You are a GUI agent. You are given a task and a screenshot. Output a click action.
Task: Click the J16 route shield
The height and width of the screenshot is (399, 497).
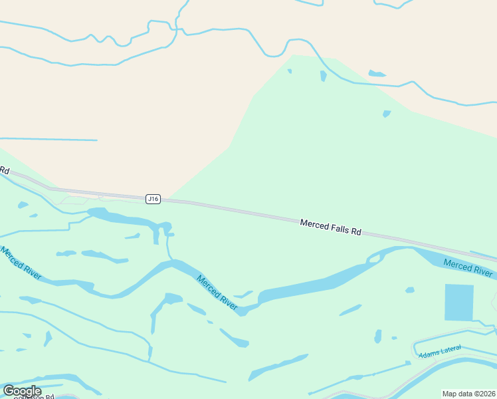(153, 199)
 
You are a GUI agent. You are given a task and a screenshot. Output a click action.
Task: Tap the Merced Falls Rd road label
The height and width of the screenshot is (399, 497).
(330, 227)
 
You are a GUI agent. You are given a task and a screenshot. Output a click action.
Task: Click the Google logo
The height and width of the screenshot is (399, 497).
(22, 391)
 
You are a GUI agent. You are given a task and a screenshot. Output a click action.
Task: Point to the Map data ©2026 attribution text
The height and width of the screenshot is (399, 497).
(469, 394)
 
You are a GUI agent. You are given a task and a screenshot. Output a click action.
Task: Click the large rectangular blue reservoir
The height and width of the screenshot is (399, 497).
(458, 302)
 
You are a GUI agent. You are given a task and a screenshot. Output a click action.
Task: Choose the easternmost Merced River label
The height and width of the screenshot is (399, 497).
(468, 267)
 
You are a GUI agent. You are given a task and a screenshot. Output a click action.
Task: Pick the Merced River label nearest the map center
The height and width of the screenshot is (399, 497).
(217, 291)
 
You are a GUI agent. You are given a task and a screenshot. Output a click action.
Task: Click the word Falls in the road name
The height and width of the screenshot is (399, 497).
(337, 228)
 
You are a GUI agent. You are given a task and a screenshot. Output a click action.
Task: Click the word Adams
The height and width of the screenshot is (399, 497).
(428, 354)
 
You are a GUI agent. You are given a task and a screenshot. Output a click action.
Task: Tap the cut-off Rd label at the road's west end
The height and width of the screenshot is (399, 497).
(4, 170)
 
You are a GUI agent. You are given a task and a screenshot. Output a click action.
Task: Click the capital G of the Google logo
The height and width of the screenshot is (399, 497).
(9, 390)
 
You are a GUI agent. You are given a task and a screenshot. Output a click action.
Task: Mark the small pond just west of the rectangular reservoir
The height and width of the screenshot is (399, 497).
(410, 290)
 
